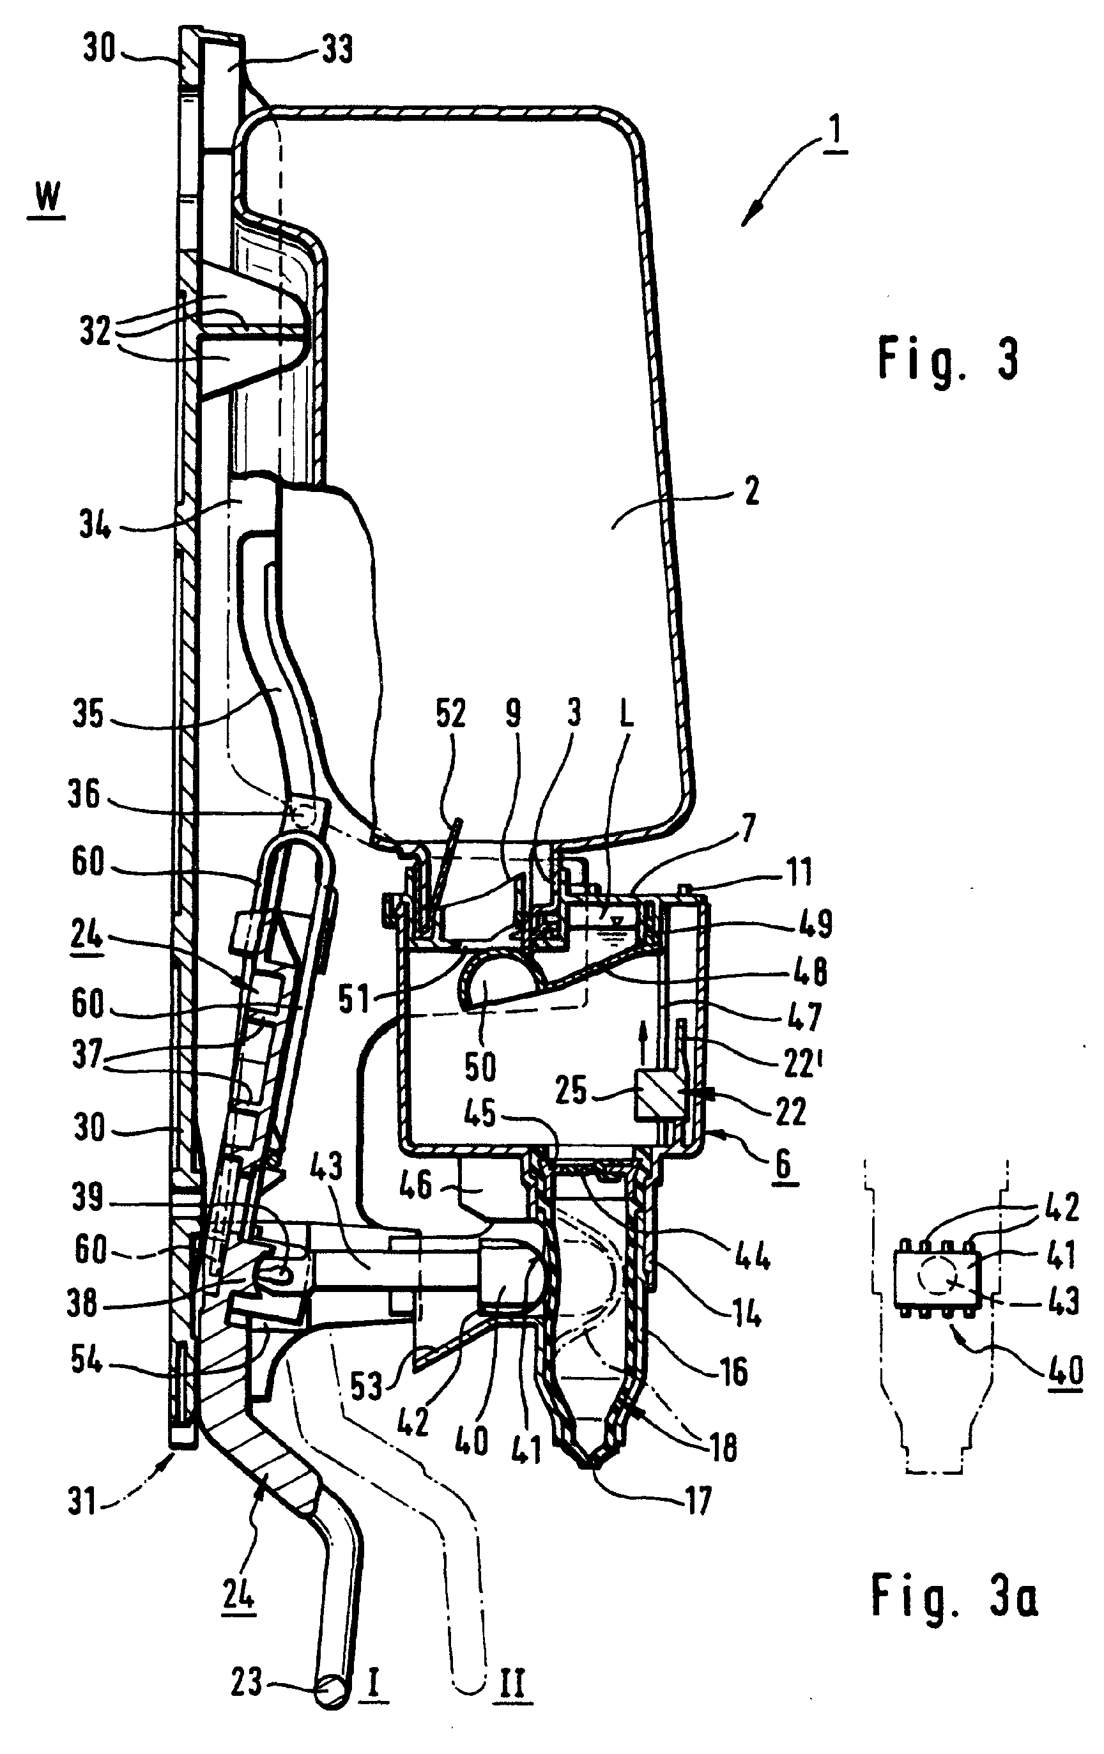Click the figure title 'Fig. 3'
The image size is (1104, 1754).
(x=948, y=359)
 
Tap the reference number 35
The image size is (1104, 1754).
(x=88, y=714)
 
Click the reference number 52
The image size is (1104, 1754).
(x=450, y=714)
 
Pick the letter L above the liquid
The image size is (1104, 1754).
(x=625, y=714)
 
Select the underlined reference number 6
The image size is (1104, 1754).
(x=782, y=1164)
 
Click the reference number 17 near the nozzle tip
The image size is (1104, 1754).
(x=697, y=1501)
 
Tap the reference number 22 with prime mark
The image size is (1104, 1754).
(x=801, y=1064)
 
